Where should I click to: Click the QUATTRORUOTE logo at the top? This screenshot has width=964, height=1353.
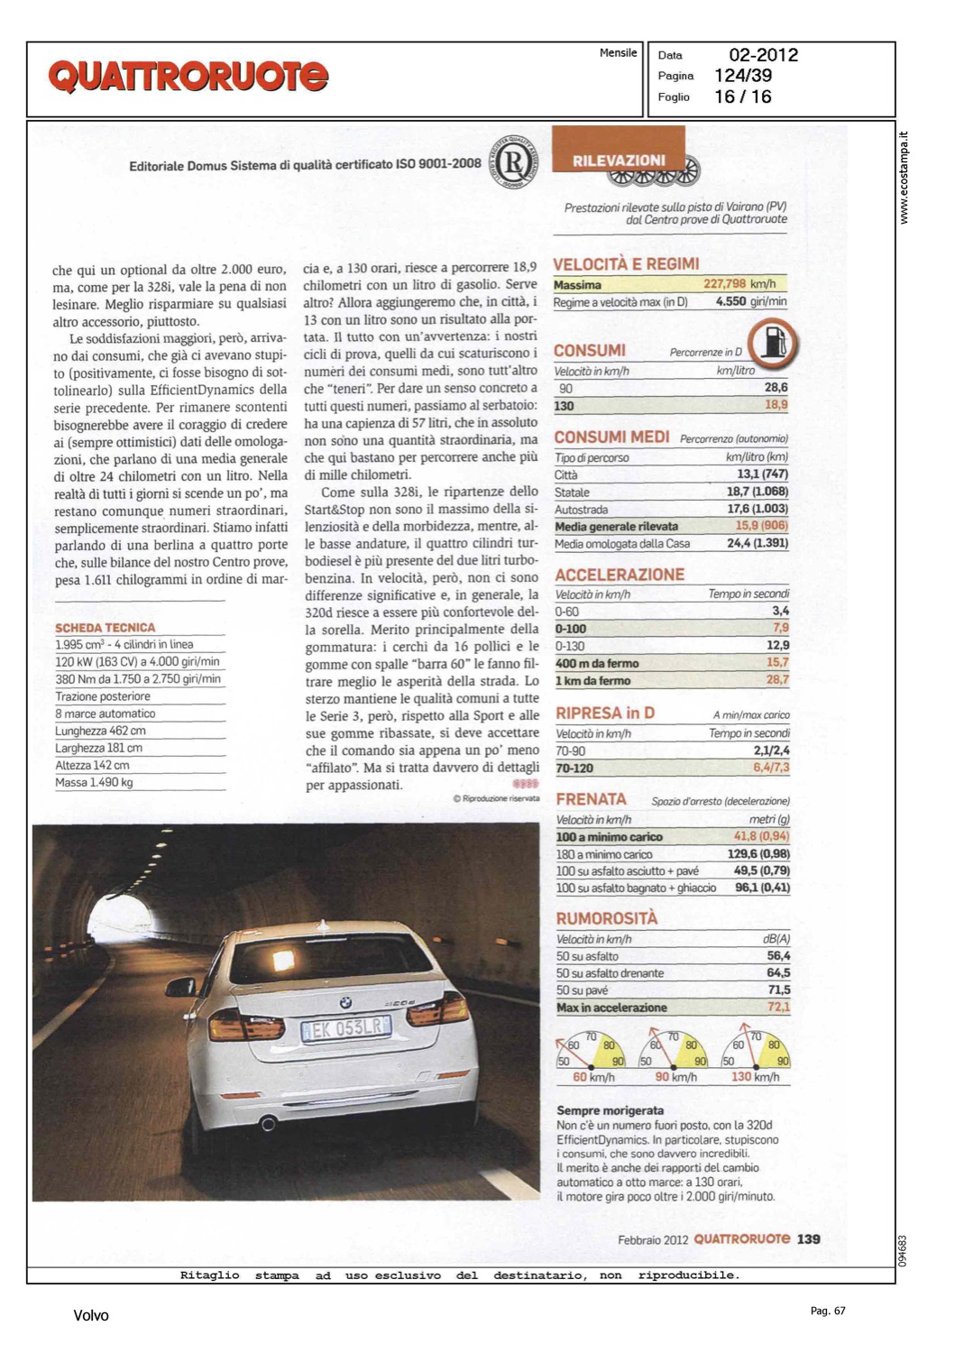(x=188, y=77)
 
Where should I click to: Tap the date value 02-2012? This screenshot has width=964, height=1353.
(x=763, y=55)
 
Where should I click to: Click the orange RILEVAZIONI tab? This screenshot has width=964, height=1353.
(x=619, y=159)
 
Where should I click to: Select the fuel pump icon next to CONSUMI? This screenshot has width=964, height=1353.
(x=773, y=343)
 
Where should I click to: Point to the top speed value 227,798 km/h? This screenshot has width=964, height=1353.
(x=739, y=284)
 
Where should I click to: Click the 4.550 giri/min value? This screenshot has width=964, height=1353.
(x=750, y=302)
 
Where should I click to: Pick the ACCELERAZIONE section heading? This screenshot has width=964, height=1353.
(x=620, y=575)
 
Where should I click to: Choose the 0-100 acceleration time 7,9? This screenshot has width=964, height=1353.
(x=780, y=628)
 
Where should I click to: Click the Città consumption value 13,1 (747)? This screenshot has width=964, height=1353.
(x=762, y=474)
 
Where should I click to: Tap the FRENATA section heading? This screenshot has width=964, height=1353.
(x=591, y=799)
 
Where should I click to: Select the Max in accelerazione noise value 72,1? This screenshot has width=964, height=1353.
(x=778, y=1008)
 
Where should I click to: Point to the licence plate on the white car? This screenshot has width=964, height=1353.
(x=346, y=1028)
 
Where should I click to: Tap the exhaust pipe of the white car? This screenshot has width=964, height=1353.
(x=268, y=1123)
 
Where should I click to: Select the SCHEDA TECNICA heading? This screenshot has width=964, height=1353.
(x=105, y=628)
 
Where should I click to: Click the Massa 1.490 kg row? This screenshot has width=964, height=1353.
(x=95, y=783)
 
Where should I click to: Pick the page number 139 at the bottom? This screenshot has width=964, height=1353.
(x=808, y=1239)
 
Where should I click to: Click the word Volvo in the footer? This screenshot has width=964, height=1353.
(x=91, y=1315)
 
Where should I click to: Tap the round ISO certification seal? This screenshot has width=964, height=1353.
(x=513, y=163)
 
